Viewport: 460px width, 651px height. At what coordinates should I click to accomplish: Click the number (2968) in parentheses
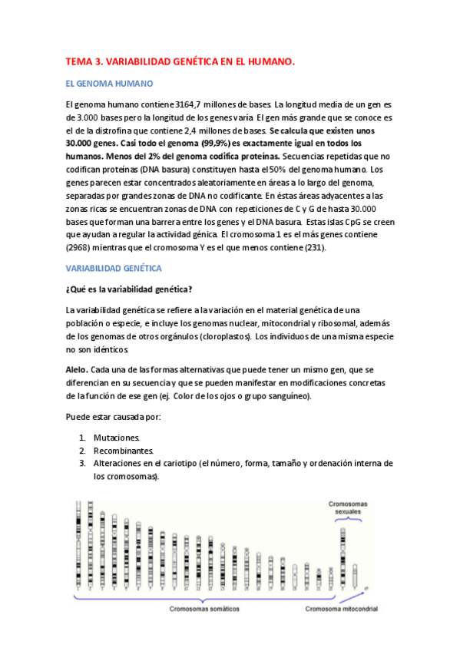[x=82, y=248]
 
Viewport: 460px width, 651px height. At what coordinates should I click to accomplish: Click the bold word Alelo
[x=77, y=369]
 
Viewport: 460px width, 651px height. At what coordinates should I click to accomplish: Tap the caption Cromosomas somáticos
[x=204, y=609]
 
